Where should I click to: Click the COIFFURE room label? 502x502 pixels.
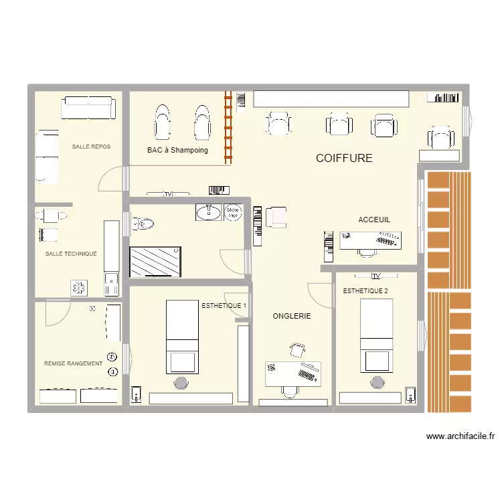344,159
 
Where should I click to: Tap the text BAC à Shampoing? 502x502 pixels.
177,151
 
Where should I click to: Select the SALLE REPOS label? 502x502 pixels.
92,147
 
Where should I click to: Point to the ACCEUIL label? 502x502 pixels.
374,220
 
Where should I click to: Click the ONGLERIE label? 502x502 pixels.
292,316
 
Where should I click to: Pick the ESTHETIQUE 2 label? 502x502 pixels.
365,291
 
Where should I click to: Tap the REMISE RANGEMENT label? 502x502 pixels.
73,363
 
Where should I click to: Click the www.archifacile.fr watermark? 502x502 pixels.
461,436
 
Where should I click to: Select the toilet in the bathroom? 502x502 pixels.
144,222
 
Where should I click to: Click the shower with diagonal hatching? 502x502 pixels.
155,261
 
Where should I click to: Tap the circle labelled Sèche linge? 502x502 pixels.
233,212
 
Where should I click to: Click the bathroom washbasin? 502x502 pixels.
208,212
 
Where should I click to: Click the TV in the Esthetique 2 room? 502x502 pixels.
375,276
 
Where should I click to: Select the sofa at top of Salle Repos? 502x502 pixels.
86,107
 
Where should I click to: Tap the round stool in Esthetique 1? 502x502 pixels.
181,382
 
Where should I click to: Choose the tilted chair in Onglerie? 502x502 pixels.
297,349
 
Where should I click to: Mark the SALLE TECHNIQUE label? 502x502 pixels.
71,254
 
